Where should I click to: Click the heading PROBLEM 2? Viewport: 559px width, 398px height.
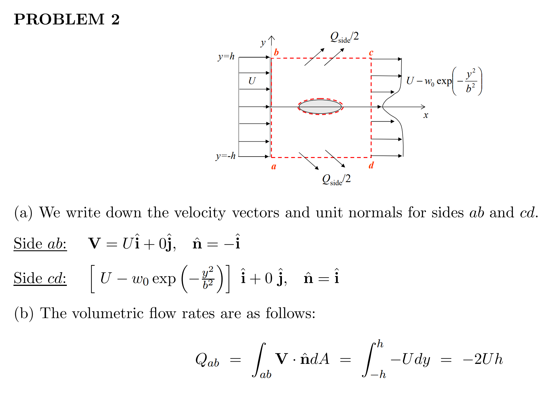(x=67, y=19)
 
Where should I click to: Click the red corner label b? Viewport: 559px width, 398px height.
(x=276, y=52)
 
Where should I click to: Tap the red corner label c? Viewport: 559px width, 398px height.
(x=371, y=52)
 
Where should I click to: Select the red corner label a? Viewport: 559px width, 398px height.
(x=274, y=166)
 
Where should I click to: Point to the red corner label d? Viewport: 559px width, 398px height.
(x=371, y=165)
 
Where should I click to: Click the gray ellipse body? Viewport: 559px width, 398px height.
(x=320, y=107)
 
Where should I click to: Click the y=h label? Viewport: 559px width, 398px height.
(x=226, y=56)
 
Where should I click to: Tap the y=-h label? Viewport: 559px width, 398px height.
(x=225, y=156)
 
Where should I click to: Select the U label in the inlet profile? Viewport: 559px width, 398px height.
(x=252, y=81)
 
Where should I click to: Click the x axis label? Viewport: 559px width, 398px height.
(x=426, y=115)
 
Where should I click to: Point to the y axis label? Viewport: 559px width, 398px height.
(x=263, y=43)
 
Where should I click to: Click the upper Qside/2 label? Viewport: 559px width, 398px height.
(x=344, y=37)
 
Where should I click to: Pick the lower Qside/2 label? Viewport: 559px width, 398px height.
(x=336, y=180)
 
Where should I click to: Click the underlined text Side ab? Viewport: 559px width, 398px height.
(x=40, y=244)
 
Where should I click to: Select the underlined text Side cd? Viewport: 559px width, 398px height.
(x=40, y=278)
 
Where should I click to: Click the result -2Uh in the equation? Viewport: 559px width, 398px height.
(x=483, y=359)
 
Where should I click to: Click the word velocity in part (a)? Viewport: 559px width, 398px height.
(x=200, y=213)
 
